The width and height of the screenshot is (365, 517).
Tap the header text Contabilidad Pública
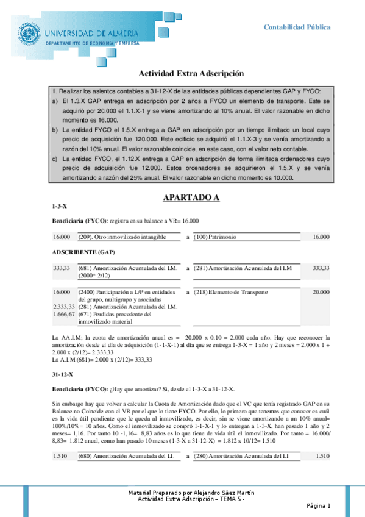click(x=297, y=27)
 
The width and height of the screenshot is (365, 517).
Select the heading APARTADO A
click(x=191, y=198)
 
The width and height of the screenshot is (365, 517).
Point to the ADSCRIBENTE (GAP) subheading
click(x=83, y=252)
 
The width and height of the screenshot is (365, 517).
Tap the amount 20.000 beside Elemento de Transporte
click(x=321, y=292)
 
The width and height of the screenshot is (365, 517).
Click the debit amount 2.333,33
click(x=64, y=307)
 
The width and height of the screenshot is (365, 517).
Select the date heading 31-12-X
click(x=63, y=373)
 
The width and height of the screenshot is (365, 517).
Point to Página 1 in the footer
click(x=318, y=505)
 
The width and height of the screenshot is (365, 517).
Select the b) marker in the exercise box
click(x=56, y=130)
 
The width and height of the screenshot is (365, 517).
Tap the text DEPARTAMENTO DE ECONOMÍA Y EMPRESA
click(x=93, y=44)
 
